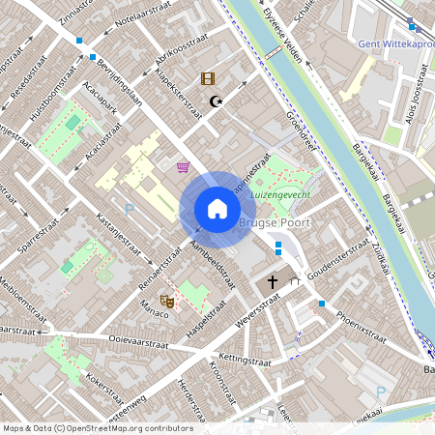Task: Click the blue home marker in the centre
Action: pyautogui.click(x=217, y=209)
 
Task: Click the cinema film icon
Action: pyautogui.click(x=207, y=78)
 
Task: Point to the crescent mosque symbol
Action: pyautogui.click(x=217, y=100)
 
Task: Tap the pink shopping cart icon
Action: pyautogui.click(x=182, y=166)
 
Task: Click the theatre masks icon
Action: pyautogui.click(x=166, y=302)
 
